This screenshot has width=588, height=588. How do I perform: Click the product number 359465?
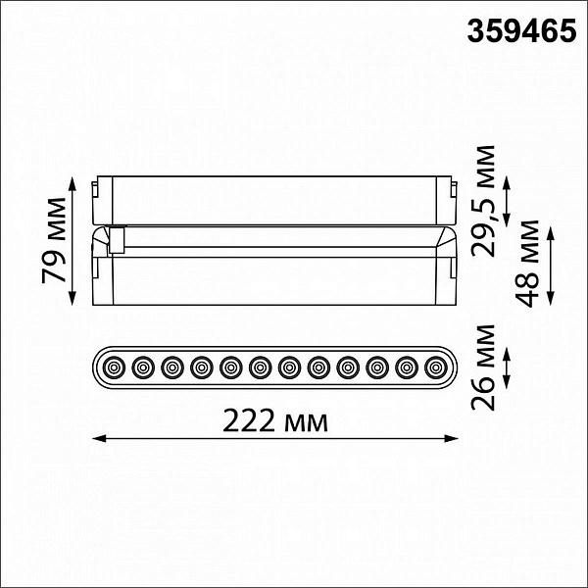(x=521, y=31)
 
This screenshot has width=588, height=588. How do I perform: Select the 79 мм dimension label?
(x=54, y=240)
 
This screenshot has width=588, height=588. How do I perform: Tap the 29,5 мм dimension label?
(x=483, y=201)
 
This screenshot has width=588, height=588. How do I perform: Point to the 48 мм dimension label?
(x=527, y=264)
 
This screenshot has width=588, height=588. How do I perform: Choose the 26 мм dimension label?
(x=483, y=367)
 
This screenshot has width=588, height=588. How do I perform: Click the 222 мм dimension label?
(x=275, y=420)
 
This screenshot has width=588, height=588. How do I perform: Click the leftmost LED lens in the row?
(x=114, y=367)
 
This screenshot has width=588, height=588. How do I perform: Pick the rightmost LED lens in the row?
(x=436, y=367)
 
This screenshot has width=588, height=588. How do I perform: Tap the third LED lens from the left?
(x=172, y=367)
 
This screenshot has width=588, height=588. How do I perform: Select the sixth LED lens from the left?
(x=261, y=367)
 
